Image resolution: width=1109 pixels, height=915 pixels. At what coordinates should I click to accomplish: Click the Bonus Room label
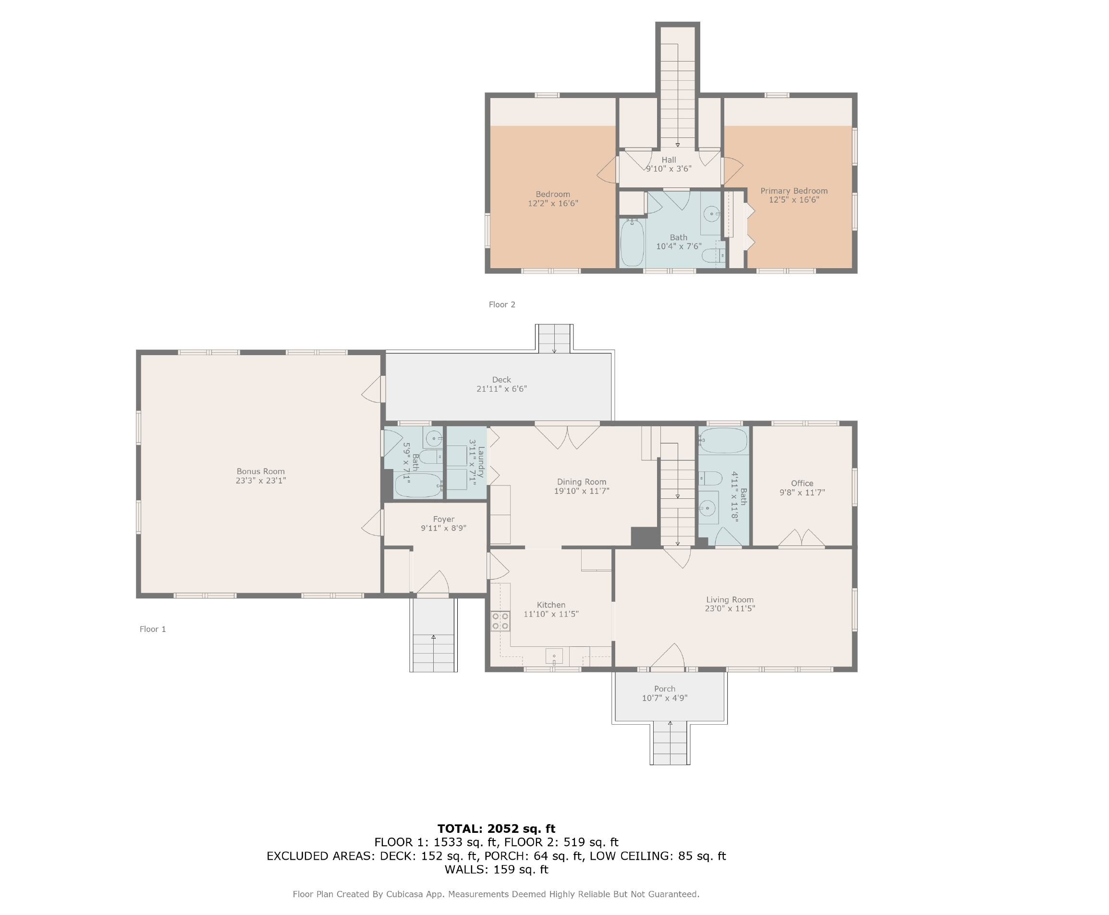click(260, 471)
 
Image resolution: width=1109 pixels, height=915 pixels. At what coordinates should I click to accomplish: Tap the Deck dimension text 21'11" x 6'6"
click(501, 389)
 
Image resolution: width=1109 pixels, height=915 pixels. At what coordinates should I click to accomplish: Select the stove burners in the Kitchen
click(500, 620)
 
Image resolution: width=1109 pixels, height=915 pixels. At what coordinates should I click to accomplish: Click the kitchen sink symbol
click(554, 656)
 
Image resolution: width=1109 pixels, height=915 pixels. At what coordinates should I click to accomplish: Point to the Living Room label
click(730, 599)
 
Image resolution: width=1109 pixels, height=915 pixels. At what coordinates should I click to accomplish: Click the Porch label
click(664, 688)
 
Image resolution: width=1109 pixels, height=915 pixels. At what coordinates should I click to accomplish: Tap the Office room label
click(802, 483)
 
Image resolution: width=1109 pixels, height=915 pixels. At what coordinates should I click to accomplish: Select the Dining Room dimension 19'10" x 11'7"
click(582, 491)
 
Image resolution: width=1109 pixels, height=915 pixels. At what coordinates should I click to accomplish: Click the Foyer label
click(444, 519)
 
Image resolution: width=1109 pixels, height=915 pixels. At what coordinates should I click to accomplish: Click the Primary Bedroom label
click(794, 191)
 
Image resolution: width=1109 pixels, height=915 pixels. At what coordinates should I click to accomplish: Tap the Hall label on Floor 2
click(669, 160)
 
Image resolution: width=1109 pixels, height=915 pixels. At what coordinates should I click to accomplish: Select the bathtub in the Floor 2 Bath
click(632, 243)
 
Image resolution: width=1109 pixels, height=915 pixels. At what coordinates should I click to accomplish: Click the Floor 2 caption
click(501, 304)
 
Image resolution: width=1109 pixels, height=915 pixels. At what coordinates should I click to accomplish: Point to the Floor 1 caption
click(153, 629)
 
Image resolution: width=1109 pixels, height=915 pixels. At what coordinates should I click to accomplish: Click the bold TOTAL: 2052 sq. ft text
click(496, 828)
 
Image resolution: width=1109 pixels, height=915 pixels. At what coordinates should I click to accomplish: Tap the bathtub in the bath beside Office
click(723, 441)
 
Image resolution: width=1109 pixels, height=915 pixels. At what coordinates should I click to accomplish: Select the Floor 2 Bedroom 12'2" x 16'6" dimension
click(553, 203)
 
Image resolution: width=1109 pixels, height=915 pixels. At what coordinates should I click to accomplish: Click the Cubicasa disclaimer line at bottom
click(496, 894)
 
